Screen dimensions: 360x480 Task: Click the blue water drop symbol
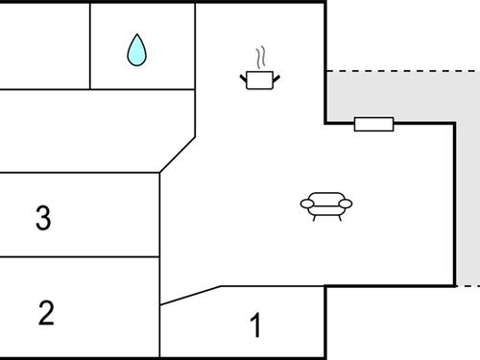pyautogui.click(x=137, y=50)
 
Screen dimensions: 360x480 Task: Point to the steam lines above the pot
pyautogui.click(x=259, y=57)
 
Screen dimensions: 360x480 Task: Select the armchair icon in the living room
pyautogui.click(x=326, y=204)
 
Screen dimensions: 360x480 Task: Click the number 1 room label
pyautogui.click(x=255, y=326)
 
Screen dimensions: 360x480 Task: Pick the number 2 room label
pyautogui.click(x=46, y=312)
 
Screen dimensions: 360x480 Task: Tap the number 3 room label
pyautogui.click(x=42, y=218)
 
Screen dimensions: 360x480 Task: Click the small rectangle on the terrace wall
pyautogui.click(x=373, y=124)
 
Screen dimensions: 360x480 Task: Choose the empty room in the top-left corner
pyautogui.click(x=44, y=44)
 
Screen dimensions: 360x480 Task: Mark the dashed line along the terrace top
pyautogui.click(x=403, y=71)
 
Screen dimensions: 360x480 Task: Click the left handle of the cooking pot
pyautogui.click(x=244, y=75)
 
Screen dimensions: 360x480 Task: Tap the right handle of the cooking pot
pyautogui.click(x=277, y=75)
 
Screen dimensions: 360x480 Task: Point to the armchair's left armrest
pyautogui.click(x=306, y=203)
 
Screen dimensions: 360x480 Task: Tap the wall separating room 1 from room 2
pyautogui.click(x=159, y=331)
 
